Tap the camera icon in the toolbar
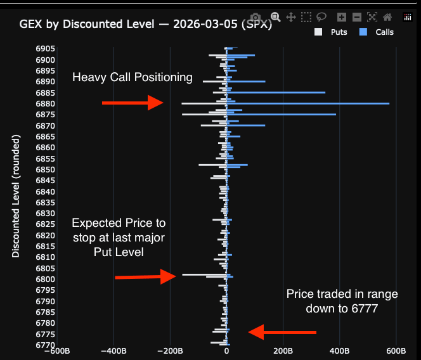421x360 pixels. coord(255,17)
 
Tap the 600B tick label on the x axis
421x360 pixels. coord(396,350)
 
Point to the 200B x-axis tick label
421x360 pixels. coord(283,350)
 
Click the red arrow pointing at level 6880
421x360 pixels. coord(133,103)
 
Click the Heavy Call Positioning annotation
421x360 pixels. coord(132,77)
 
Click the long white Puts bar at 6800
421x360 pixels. coord(204,274)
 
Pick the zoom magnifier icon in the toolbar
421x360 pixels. coord(276,17)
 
